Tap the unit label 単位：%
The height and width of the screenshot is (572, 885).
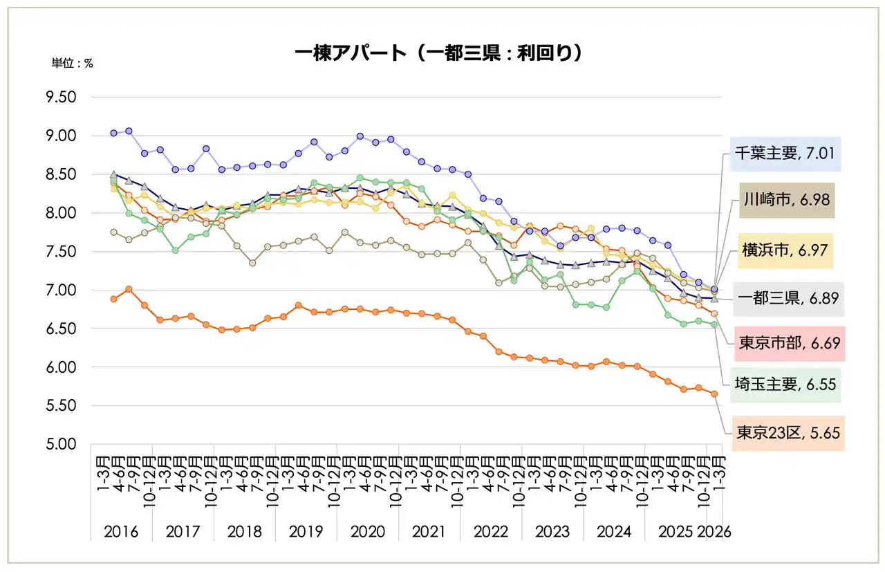pos(73,63)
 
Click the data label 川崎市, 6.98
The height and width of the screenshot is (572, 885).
pos(788,201)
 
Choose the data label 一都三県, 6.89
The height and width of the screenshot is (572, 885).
pos(787,298)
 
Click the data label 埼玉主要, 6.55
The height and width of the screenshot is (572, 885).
pos(788,385)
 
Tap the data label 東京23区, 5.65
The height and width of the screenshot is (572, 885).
pos(788,433)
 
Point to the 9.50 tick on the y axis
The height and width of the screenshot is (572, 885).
pos(61,98)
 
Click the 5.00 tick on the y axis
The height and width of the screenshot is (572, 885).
pos(61,445)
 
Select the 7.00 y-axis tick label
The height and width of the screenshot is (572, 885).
pos(61,290)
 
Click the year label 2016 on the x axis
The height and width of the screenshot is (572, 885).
pos(121,532)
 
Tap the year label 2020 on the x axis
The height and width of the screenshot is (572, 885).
pos(367,532)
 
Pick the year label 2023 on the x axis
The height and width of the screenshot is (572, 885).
pos(552,532)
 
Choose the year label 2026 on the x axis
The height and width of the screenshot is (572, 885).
pos(714,532)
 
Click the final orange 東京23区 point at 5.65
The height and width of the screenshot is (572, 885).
pos(714,394)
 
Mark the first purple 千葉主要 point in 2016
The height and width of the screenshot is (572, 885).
pos(113,133)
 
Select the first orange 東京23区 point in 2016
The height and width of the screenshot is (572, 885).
pos(113,299)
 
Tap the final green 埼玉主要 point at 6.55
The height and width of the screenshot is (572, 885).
pos(714,324)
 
